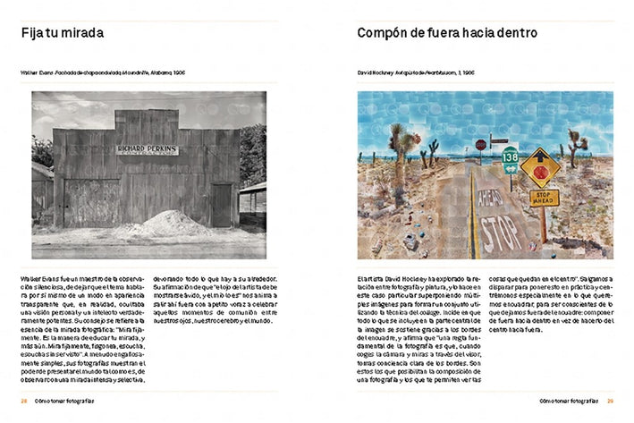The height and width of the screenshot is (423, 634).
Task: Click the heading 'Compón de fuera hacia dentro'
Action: pyautogui.click(x=446, y=34)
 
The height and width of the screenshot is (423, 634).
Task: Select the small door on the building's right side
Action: pyautogui.click(x=221, y=204)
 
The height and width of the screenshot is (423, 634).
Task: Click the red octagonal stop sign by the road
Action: pyautogui.click(x=481, y=144)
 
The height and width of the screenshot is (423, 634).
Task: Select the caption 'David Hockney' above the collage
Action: pyautogui.click(x=377, y=73)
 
